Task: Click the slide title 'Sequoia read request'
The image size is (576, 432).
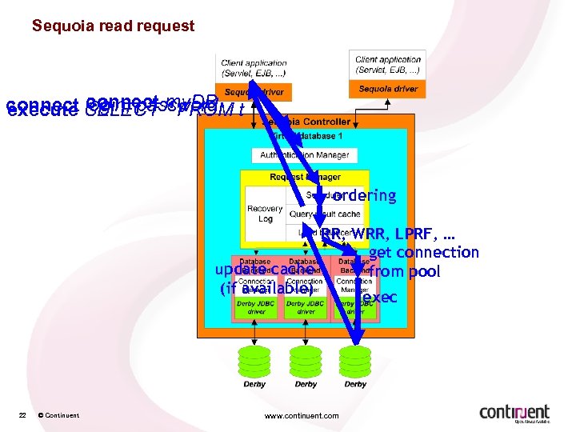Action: point(113,26)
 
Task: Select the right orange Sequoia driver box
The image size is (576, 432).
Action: point(388,89)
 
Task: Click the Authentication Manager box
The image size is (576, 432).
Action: point(304,155)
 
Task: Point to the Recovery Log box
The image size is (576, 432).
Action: point(265,214)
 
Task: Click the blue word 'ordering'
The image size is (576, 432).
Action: point(364,195)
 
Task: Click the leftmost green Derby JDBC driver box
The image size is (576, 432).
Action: point(256,307)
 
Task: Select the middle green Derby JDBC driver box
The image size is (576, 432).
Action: point(305,307)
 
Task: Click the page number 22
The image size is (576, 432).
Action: point(23,414)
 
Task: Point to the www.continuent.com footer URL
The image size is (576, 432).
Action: point(301,415)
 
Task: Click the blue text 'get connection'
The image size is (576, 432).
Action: point(424,253)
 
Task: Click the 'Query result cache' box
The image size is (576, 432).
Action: point(326,214)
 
